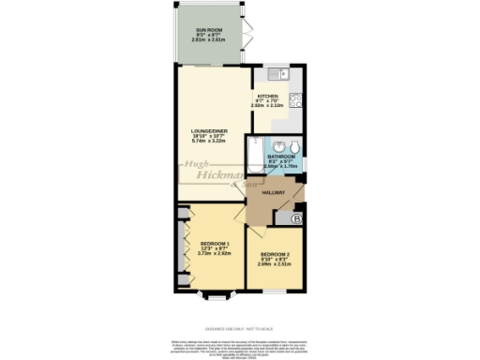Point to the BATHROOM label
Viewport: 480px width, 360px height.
coord(283,157)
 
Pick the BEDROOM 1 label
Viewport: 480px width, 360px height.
coord(214,244)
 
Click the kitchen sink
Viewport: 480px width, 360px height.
coord(276,74)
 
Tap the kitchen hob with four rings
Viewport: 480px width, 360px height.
coord(293,97)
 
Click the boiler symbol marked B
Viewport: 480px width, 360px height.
coord(296,219)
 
